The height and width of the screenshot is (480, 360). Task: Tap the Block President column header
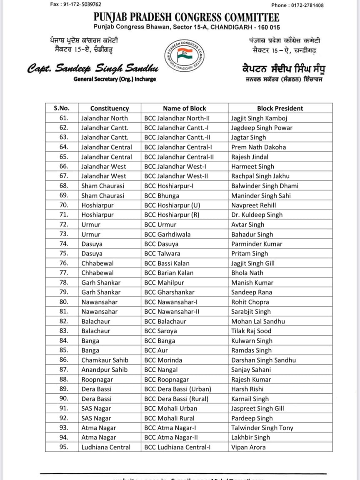(280, 108)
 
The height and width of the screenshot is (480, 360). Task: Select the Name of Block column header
(184, 108)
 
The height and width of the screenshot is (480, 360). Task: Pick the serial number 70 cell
(63, 205)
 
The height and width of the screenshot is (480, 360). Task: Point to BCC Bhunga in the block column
(162, 195)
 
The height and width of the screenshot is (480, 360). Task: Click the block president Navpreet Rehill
(253, 205)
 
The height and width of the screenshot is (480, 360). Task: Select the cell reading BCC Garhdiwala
(167, 234)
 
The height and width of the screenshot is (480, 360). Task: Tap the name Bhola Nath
(247, 273)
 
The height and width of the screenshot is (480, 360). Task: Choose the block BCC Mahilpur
(165, 282)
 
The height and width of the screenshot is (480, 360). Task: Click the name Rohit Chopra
(250, 302)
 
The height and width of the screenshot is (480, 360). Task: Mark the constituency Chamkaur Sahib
(105, 360)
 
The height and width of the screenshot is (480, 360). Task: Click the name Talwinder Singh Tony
(262, 428)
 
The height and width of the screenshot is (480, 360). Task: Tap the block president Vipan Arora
(248, 447)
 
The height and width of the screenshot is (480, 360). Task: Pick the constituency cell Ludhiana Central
(106, 447)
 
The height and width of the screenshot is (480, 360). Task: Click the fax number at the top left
(75, 4)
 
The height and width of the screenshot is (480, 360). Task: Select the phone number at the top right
(297, 5)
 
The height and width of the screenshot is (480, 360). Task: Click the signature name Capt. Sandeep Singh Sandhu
(92, 68)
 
